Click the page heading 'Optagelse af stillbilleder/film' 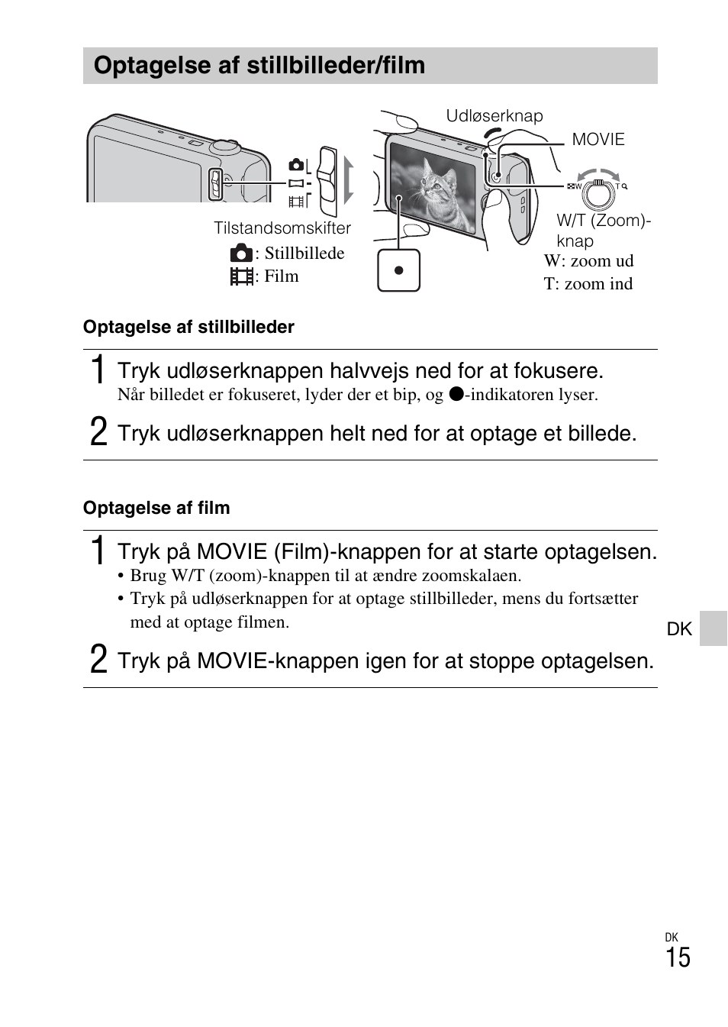click(x=259, y=66)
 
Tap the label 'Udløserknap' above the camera click(x=494, y=116)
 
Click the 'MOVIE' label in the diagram click(x=598, y=139)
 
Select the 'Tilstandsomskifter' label click(x=282, y=228)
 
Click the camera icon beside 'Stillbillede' click(x=241, y=254)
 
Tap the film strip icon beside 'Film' click(x=241, y=276)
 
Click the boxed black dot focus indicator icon click(x=398, y=270)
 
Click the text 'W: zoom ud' click(x=588, y=261)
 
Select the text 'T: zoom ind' click(x=588, y=284)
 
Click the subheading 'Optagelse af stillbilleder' click(x=188, y=327)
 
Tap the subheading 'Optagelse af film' click(x=156, y=508)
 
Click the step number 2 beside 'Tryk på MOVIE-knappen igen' click(x=98, y=660)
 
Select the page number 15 click(x=677, y=958)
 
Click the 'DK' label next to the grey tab click(x=679, y=629)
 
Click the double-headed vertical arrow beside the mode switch click(x=349, y=180)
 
